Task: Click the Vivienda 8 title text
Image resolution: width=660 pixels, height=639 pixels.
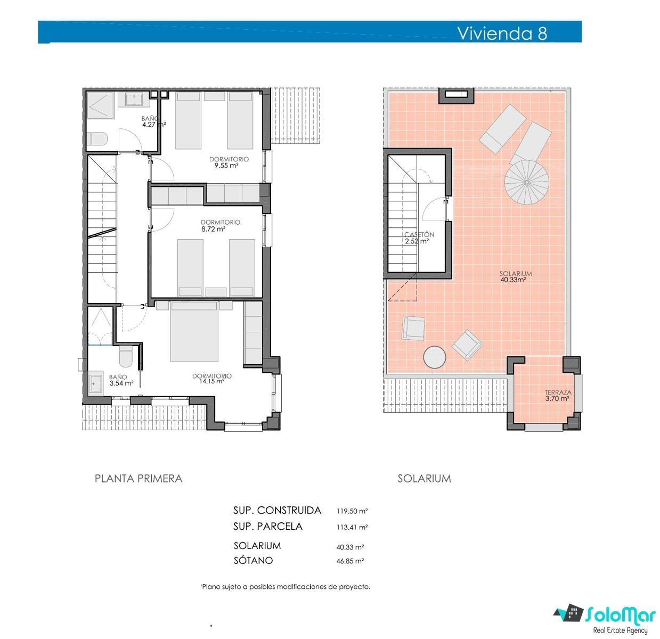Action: [x=502, y=33]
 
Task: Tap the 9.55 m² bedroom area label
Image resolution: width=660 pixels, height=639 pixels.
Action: [x=229, y=162]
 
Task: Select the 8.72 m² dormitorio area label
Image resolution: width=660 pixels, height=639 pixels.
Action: [x=220, y=225]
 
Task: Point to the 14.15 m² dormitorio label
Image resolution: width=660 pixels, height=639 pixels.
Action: [x=211, y=378]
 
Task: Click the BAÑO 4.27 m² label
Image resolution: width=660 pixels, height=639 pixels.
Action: [x=153, y=121]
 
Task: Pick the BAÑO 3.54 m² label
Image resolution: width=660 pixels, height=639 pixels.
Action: [x=121, y=380]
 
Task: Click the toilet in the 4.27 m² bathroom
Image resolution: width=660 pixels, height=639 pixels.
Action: [x=97, y=138]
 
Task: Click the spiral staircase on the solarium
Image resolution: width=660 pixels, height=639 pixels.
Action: [x=526, y=182]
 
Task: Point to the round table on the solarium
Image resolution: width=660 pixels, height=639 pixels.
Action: [x=435, y=357]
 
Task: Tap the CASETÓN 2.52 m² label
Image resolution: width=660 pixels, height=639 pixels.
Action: [x=419, y=237]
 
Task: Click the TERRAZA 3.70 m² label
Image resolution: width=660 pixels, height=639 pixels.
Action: [x=558, y=395]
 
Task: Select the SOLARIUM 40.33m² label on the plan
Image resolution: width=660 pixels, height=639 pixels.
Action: [x=515, y=276]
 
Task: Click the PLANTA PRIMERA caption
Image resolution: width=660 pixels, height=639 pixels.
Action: [x=138, y=479]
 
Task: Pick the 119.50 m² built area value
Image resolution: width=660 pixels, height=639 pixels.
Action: [x=352, y=511]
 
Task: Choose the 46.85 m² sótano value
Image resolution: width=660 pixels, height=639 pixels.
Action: [x=350, y=561]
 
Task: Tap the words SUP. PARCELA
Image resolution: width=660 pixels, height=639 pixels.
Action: [x=267, y=527]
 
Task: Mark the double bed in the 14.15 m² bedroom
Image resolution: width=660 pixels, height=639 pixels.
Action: [x=194, y=331]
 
